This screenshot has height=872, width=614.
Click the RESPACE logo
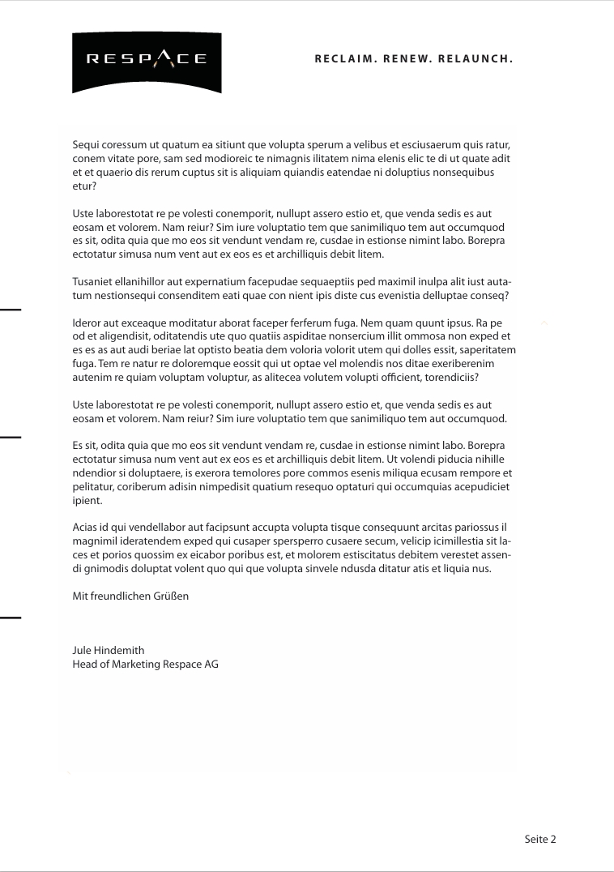(147, 62)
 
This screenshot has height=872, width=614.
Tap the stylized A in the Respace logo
(164, 58)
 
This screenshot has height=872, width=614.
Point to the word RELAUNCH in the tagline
(475, 59)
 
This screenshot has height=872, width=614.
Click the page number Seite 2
(540, 840)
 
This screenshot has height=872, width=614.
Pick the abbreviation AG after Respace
(211, 665)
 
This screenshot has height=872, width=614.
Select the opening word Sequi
(86, 145)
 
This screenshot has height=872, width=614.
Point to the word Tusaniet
(93, 282)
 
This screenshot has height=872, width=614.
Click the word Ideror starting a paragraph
(87, 323)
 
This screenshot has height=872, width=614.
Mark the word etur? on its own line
(84, 186)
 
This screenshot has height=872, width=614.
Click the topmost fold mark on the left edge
(10, 310)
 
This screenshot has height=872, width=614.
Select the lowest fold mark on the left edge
(10, 618)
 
